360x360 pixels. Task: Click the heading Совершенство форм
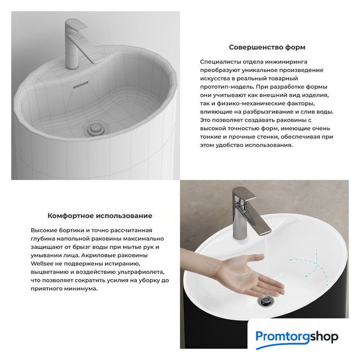267,47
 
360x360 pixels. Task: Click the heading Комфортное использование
100,216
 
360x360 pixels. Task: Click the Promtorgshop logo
296,337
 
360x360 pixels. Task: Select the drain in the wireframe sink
96,129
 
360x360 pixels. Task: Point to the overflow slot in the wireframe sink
80,84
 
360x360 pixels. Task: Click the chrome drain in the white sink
265,301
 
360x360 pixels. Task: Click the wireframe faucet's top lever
76,25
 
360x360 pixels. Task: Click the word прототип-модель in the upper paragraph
227,87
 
